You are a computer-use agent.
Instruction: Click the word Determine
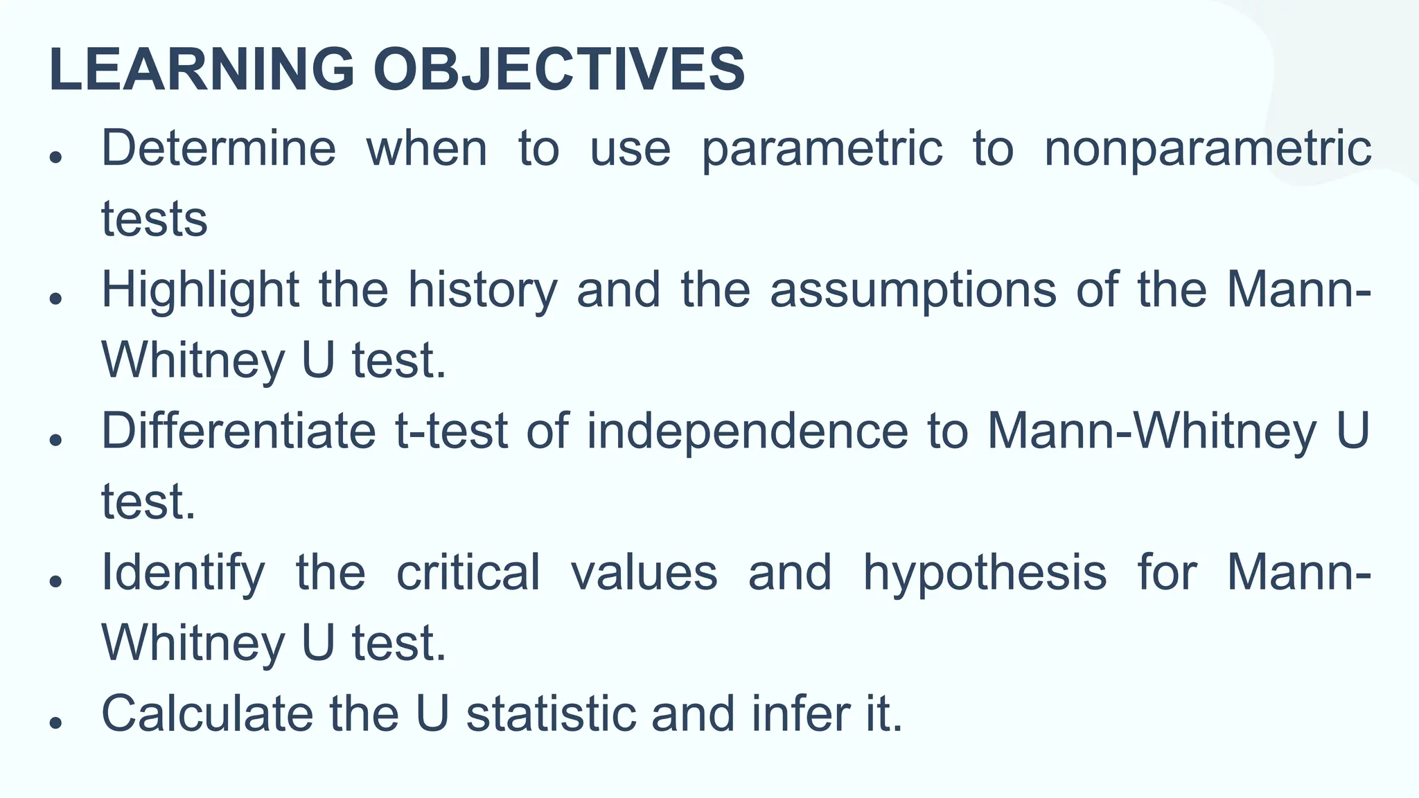pyautogui.click(x=219, y=148)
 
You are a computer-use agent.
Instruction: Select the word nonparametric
pyautogui.click(x=1208, y=148)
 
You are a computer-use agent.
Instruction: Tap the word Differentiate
pyautogui.click(x=238, y=431)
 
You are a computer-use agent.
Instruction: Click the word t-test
pyautogui.click(x=452, y=431)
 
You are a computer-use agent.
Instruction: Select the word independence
pyautogui.click(x=747, y=431)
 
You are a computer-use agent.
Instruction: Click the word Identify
pyautogui.click(x=183, y=573)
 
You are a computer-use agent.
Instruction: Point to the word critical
pyautogui.click(x=468, y=573)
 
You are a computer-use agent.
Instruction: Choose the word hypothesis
pyautogui.click(x=985, y=573)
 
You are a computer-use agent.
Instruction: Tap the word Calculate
pyautogui.click(x=207, y=713)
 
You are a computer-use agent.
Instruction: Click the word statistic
pyautogui.click(x=551, y=713)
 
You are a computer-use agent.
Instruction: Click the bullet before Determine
pyautogui.click(x=57, y=157)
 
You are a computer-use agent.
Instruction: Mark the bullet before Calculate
pyautogui.click(x=57, y=722)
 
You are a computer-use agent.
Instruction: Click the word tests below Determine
pyautogui.click(x=155, y=220)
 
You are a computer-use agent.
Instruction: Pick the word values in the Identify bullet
pyautogui.click(x=644, y=573)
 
